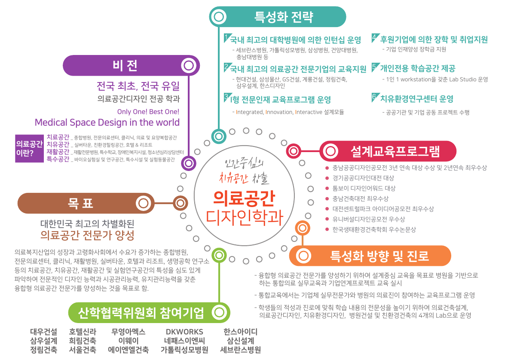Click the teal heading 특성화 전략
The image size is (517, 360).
284,17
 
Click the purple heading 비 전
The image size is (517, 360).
125,65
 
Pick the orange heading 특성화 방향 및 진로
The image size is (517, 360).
379,256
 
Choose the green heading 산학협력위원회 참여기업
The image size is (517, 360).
141,312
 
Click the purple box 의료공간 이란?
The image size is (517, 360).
29,148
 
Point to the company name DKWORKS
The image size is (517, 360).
184,332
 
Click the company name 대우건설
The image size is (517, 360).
43,332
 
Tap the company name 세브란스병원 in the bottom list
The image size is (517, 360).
240,350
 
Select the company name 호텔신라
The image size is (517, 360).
83,332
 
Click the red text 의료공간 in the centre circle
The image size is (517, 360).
244,198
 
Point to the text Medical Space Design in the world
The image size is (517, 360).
107,122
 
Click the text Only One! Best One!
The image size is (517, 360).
148,112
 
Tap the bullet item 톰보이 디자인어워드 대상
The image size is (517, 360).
364,188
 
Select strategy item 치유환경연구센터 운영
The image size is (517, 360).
416,99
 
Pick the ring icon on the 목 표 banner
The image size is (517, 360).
145,203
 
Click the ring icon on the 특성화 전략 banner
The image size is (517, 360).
219,17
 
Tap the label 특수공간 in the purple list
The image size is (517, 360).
58,159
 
